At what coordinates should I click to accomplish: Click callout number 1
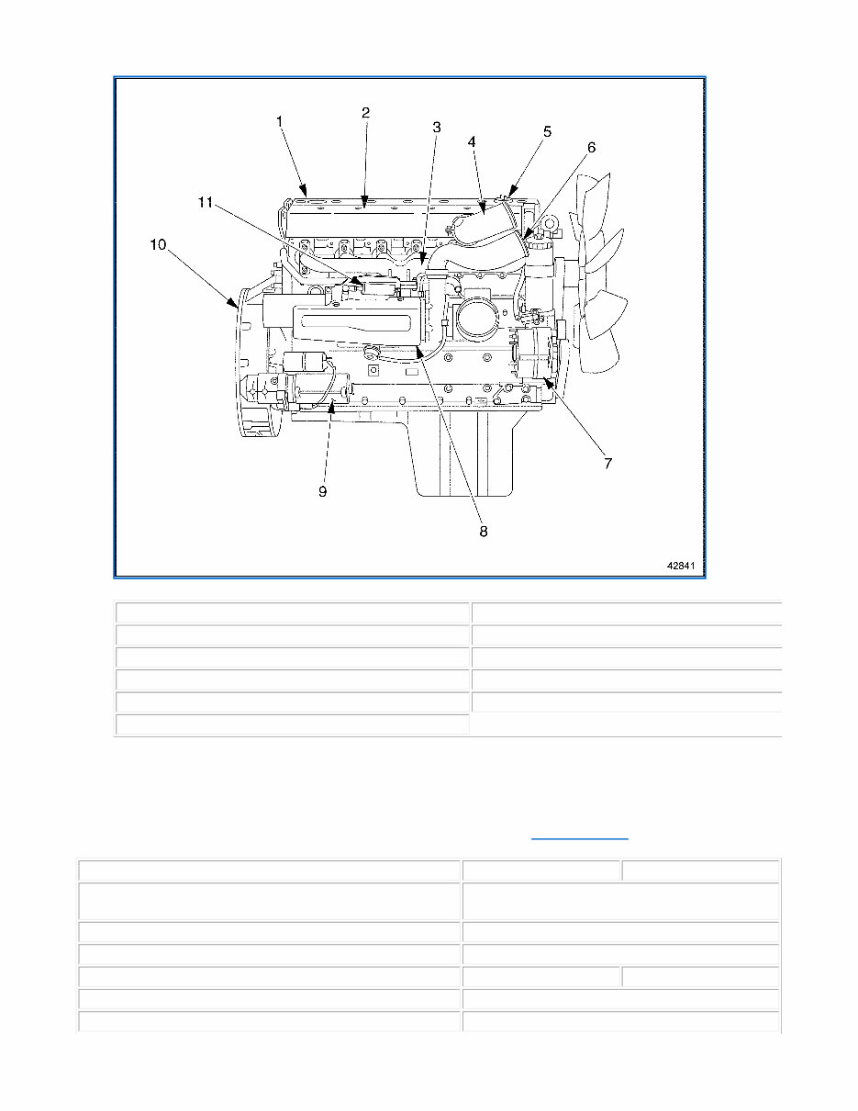(279, 120)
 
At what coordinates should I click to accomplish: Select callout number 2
(365, 113)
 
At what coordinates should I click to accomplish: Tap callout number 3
(437, 128)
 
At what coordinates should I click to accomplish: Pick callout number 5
(547, 131)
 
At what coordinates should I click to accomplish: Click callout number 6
(592, 147)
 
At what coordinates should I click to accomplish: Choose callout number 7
(607, 464)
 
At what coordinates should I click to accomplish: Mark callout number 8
(484, 531)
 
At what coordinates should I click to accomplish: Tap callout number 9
(323, 491)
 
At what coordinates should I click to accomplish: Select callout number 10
(160, 244)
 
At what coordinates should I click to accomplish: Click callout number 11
(206, 202)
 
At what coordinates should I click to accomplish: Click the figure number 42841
(683, 566)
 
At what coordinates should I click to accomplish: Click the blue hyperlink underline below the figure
(580, 839)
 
